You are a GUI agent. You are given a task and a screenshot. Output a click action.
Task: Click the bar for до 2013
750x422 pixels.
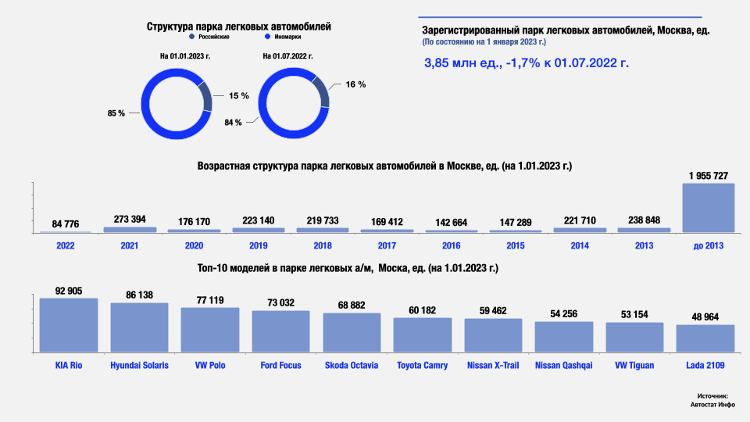[x=709, y=208]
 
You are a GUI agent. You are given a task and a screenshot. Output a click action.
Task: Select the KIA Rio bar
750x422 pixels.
[x=69, y=326]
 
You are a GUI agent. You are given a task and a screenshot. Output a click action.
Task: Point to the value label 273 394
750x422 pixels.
[x=130, y=220]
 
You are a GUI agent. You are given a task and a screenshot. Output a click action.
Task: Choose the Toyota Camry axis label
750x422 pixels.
[x=423, y=365]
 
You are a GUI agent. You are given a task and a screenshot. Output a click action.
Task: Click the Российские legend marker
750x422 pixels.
[x=191, y=37]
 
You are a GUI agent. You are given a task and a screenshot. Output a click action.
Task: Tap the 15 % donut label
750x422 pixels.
[x=239, y=95]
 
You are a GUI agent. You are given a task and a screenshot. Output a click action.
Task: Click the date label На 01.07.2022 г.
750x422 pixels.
[x=288, y=56]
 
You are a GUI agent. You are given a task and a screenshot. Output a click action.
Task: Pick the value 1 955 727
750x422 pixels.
[x=709, y=175]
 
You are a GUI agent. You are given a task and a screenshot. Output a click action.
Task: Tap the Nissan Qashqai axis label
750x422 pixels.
[x=563, y=365]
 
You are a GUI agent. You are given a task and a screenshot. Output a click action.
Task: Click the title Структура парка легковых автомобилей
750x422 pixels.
[x=239, y=26]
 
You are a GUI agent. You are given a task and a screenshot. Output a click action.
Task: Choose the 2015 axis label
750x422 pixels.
[x=516, y=245]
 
